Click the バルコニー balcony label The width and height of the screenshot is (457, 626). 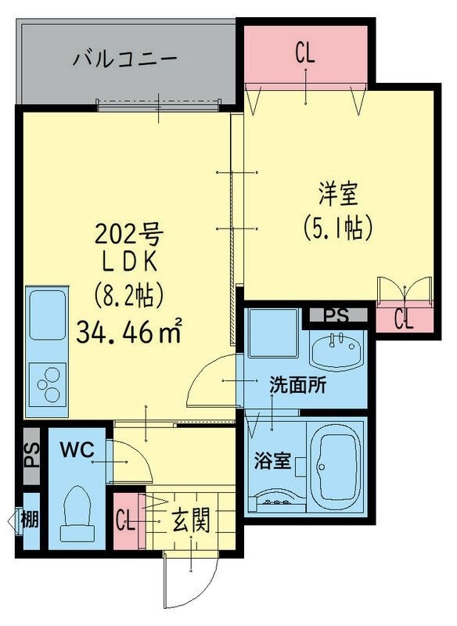pyautogui.click(x=125, y=59)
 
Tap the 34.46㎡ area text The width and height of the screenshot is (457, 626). pyautogui.click(x=129, y=332)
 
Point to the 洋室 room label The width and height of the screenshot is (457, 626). pyautogui.click(x=337, y=192)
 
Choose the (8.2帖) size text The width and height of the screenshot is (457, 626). pyautogui.click(x=128, y=297)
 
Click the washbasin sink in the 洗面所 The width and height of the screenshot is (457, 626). pyautogui.click(x=337, y=349)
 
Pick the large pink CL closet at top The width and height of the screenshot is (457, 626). pyautogui.click(x=305, y=54)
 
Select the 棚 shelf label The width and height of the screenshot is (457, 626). pyautogui.click(x=29, y=519)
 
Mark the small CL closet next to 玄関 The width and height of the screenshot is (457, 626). pyautogui.click(x=124, y=520)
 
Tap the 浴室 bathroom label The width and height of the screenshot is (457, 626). pyautogui.click(x=271, y=461)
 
